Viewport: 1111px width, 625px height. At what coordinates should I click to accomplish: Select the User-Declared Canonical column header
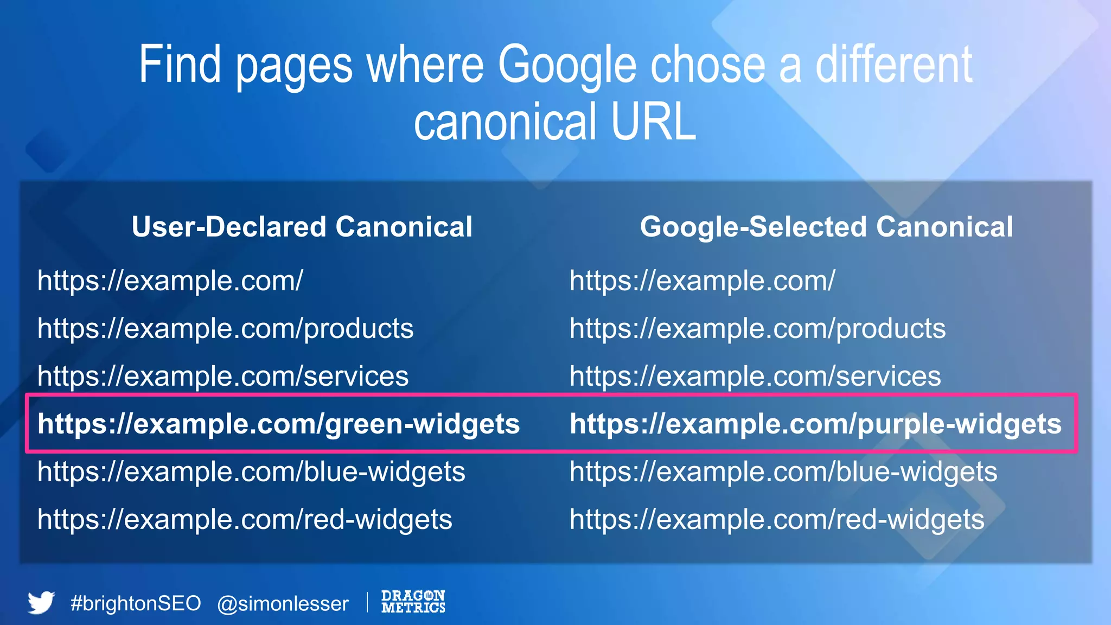302,227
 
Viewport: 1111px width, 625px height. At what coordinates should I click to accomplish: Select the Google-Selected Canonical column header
826,227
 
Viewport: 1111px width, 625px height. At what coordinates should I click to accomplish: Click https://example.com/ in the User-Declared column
170,281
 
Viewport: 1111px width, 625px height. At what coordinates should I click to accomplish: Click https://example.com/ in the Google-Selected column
702,281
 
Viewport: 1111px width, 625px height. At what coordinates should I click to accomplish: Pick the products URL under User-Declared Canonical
225,329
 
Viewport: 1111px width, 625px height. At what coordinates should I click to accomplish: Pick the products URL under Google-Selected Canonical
757,329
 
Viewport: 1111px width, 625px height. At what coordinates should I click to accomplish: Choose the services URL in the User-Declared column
223,377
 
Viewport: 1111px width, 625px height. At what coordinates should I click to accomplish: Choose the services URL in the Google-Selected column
755,377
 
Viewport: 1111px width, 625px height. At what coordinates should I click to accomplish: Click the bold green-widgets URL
278,424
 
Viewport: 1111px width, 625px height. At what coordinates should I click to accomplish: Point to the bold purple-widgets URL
815,424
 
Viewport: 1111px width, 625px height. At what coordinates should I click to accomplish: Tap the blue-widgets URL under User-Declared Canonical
251,472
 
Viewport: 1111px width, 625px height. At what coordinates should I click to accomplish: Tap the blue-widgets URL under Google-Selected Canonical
783,472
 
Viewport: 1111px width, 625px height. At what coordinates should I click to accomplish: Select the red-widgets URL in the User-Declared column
245,520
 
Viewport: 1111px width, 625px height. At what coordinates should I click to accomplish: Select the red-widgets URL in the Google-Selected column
777,520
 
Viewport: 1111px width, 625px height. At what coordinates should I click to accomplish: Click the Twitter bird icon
41,602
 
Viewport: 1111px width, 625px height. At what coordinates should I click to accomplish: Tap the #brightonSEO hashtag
136,603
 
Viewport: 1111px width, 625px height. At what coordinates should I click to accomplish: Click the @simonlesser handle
283,604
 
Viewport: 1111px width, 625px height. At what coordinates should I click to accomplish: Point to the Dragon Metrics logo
413,601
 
